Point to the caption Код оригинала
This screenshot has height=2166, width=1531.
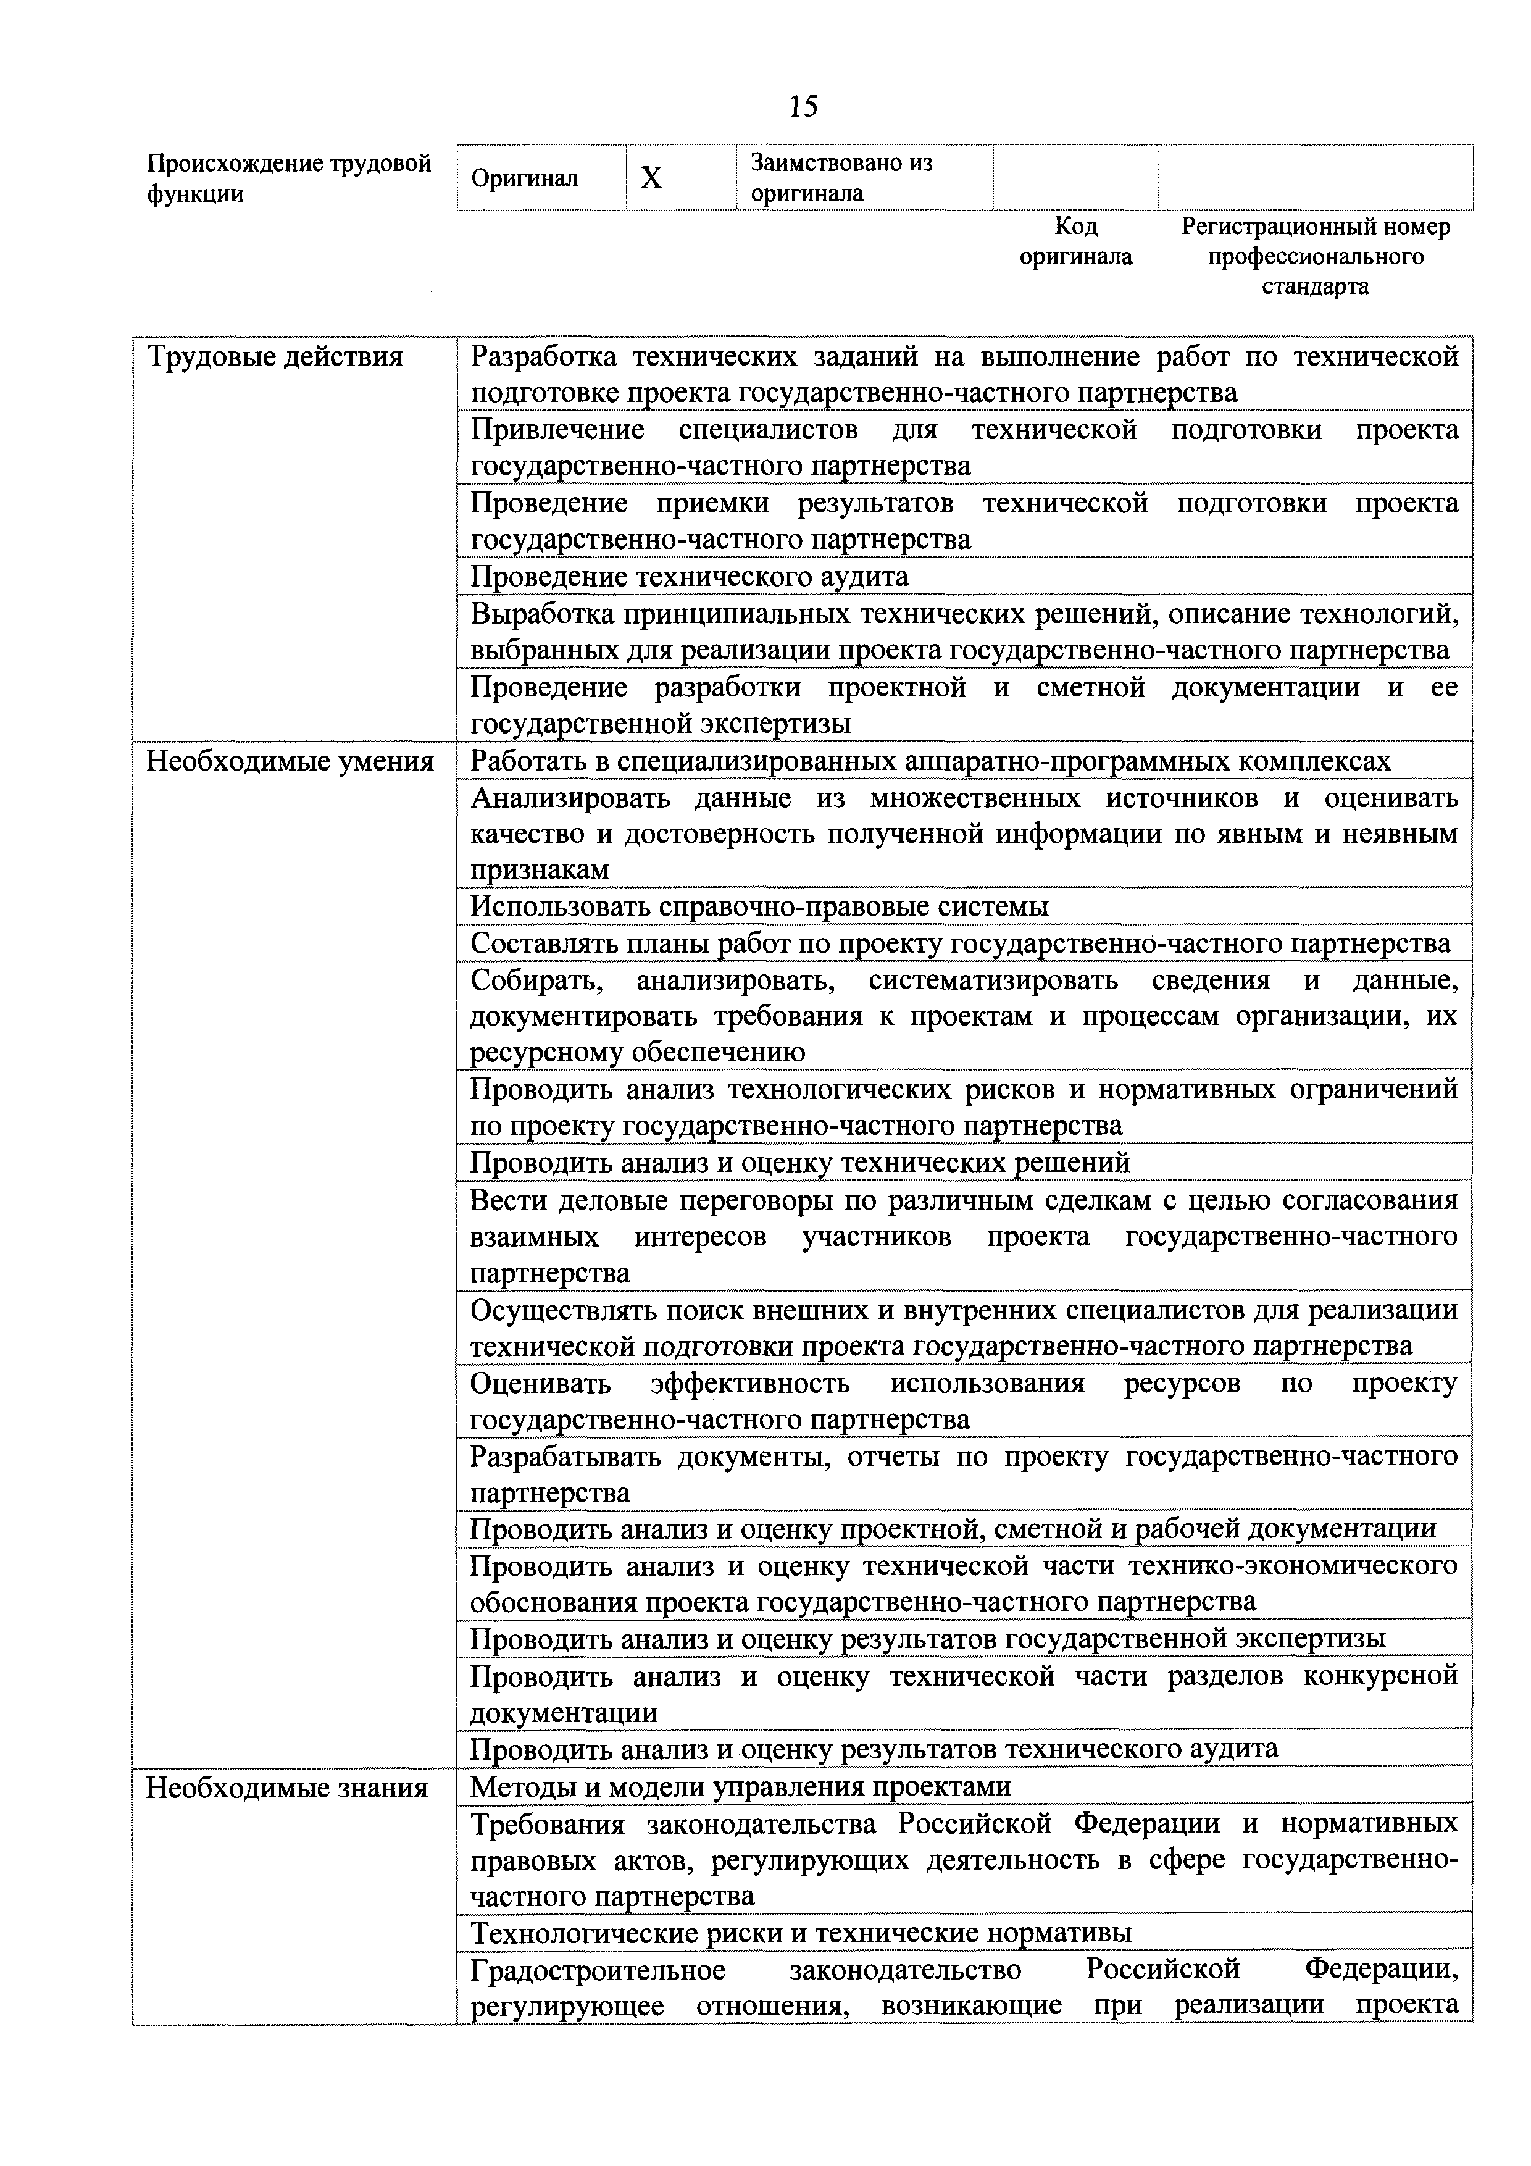click(1075, 241)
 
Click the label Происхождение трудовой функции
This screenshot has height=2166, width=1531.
click(289, 178)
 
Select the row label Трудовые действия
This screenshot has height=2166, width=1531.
click(275, 357)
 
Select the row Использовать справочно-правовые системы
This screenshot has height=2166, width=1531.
click(759, 906)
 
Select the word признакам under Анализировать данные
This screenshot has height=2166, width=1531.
click(539, 869)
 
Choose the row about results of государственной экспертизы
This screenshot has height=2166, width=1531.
click(927, 1639)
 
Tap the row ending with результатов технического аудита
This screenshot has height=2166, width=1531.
click(874, 1749)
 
